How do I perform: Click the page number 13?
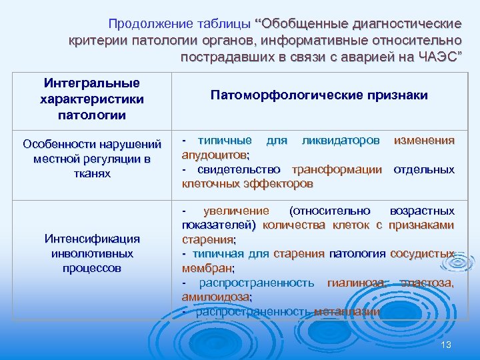(446, 344)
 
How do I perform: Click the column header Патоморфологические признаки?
(319, 95)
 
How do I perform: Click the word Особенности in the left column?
(59, 144)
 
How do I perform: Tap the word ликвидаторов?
(341, 141)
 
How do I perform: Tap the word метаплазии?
(347, 311)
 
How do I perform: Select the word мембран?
(207, 268)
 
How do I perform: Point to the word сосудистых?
(422, 254)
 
